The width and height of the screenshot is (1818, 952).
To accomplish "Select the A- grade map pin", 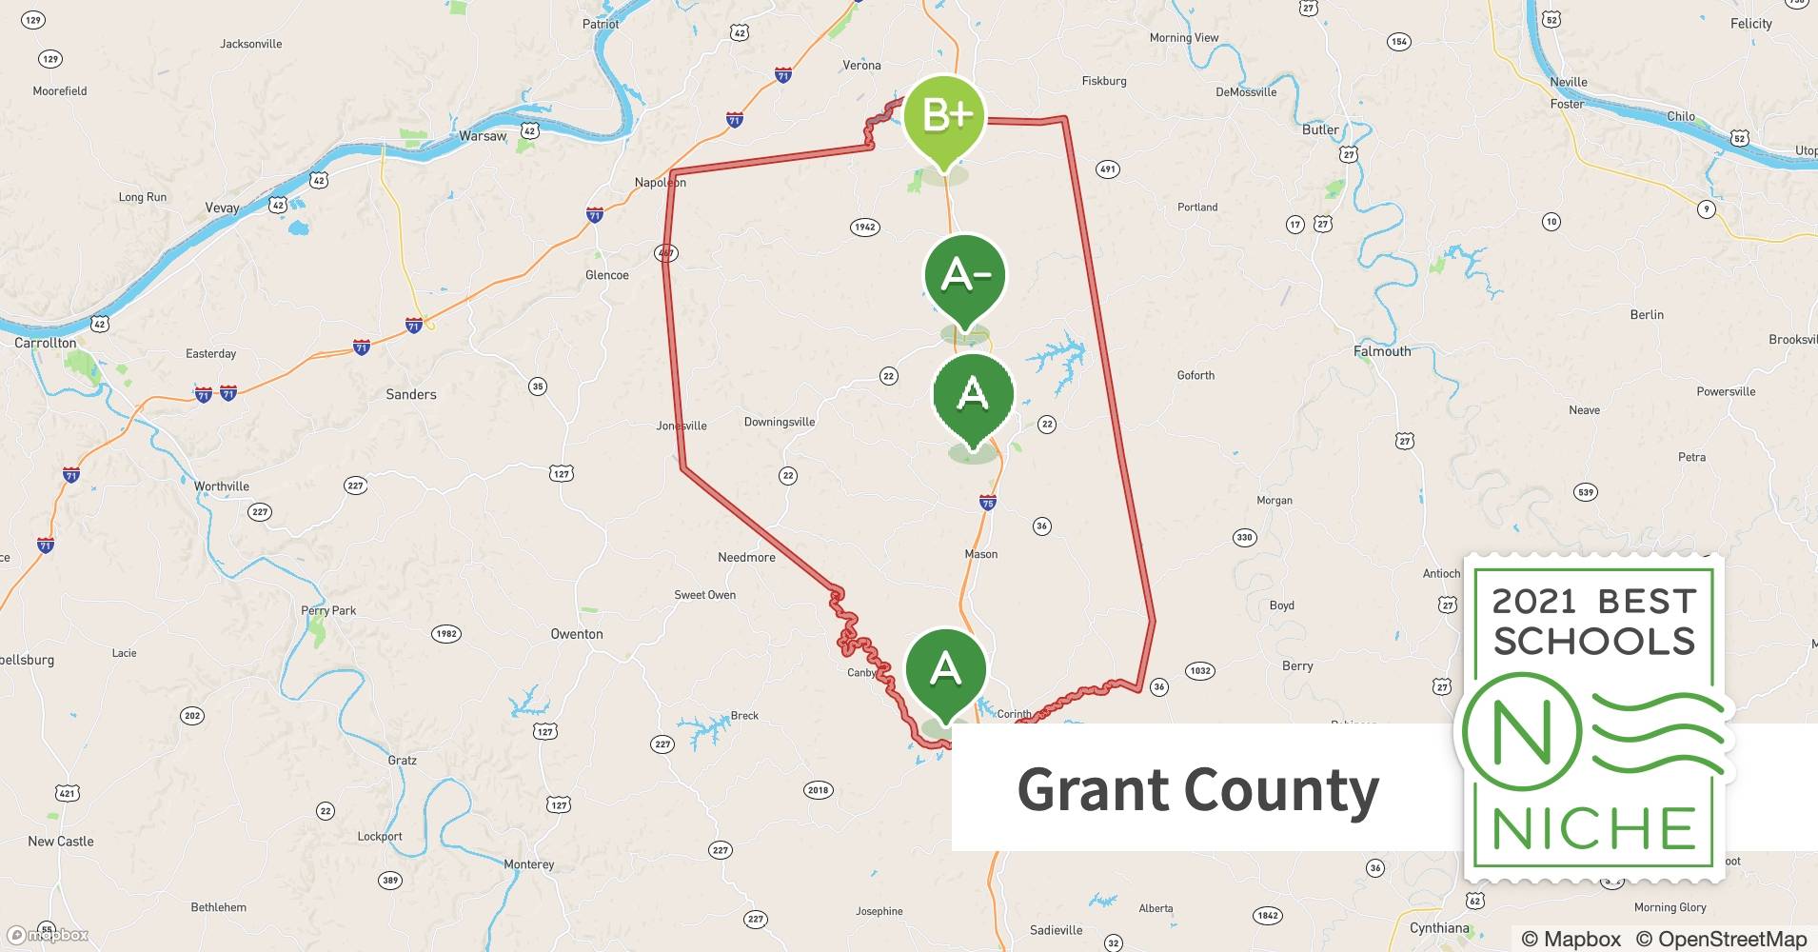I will (x=965, y=276).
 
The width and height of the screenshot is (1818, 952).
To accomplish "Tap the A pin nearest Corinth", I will (x=944, y=671).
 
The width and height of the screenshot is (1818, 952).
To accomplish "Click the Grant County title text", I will (x=1197, y=790).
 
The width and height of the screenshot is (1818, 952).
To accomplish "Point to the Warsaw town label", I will (x=483, y=136).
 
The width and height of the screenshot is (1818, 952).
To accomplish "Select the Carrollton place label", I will (x=45, y=343).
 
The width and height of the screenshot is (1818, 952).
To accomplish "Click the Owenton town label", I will (x=576, y=634).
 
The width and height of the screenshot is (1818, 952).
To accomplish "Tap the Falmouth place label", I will (x=1382, y=351).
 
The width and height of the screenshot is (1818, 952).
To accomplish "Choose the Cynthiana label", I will (x=1439, y=928).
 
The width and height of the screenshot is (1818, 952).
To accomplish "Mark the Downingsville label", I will (x=779, y=422).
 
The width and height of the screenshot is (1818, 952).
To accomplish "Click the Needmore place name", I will (x=746, y=557).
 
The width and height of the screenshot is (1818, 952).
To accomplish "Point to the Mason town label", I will (x=980, y=554).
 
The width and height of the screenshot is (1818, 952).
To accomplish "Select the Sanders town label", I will (x=411, y=394).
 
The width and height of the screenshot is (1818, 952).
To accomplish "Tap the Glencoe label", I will (x=606, y=275).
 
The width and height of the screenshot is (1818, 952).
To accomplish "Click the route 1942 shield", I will (x=864, y=227).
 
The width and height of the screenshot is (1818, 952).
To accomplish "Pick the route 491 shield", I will (x=1107, y=169).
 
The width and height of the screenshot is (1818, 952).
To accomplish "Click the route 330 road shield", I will (x=1244, y=537).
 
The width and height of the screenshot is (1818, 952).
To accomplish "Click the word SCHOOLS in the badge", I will (x=1594, y=642).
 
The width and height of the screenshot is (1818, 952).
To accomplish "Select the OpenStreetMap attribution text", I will (x=1721, y=939).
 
